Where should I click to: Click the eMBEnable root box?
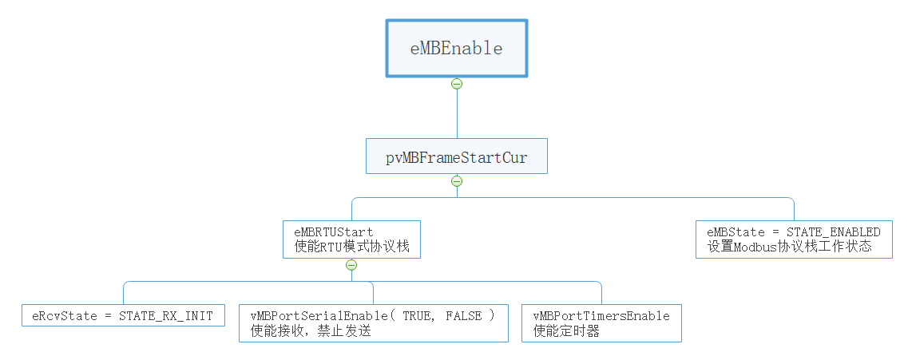click(456, 48)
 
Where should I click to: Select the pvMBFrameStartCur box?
click(456, 157)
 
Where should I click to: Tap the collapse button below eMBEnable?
click(457, 84)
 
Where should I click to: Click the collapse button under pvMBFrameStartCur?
click(457, 181)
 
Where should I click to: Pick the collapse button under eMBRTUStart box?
click(351, 265)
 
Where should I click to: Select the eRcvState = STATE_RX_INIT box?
click(123, 315)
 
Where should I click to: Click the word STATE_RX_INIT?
click(166, 315)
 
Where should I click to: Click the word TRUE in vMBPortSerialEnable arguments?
click(419, 315)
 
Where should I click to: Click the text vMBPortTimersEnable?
click(601, 315)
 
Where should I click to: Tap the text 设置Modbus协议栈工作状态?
click(788, 247)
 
